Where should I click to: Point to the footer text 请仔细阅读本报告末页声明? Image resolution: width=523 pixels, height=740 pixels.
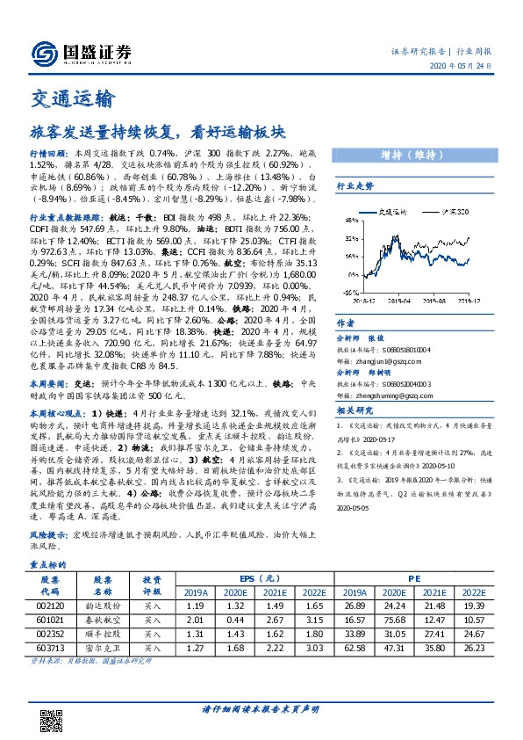coord(261,709)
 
